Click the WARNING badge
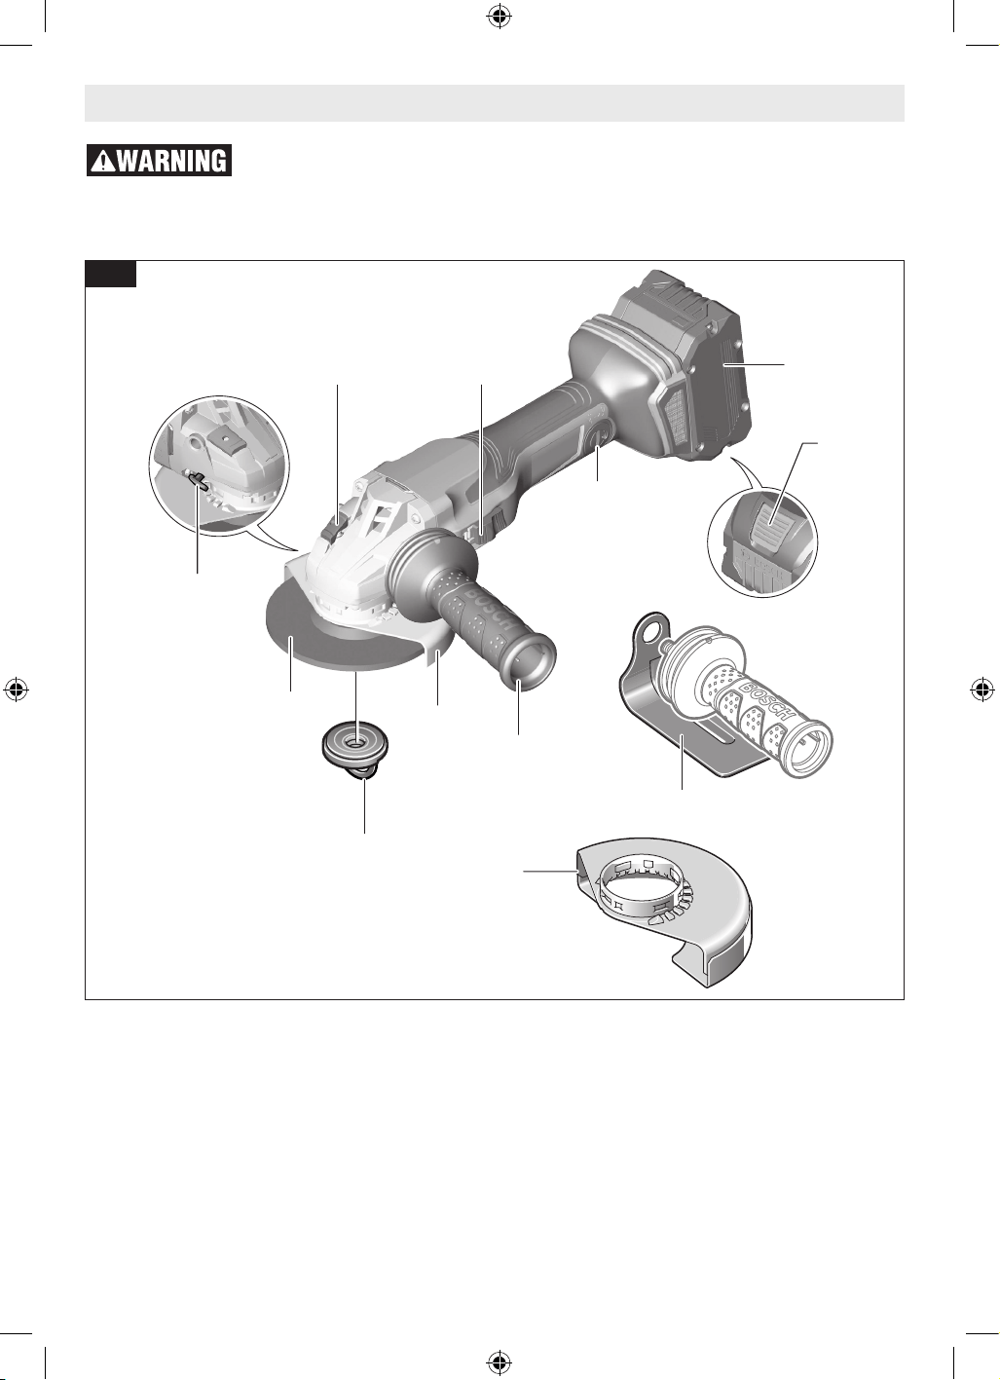point(159,160)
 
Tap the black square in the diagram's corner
point(110,274)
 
